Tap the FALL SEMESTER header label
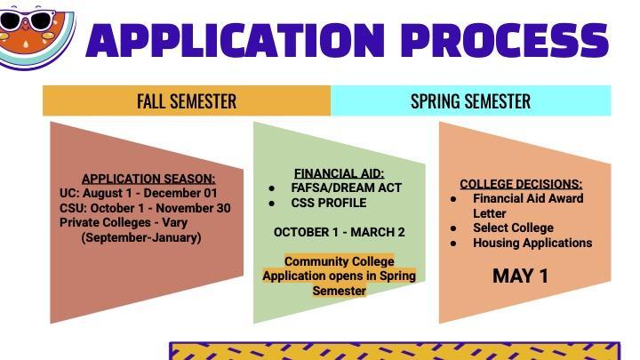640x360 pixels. [187, 100]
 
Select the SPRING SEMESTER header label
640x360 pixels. [470, 100]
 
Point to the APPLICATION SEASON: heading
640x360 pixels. [148, 179]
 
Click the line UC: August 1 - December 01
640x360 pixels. [138, 193]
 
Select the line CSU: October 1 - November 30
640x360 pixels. [145, 208]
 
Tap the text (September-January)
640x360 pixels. [141, 237]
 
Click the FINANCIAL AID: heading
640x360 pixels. [339, 173]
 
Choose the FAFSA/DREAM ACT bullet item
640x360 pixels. [346, 188]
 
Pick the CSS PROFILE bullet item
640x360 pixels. [328, 203]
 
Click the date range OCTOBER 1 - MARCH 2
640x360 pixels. [339, 232]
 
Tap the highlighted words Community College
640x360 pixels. [339, 261]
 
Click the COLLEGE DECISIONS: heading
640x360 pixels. [520, 184]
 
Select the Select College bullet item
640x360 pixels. [513, 228]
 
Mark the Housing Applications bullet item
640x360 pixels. [532, 243]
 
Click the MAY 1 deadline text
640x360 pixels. [520, 276]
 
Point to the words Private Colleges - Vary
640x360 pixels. [124, 222]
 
